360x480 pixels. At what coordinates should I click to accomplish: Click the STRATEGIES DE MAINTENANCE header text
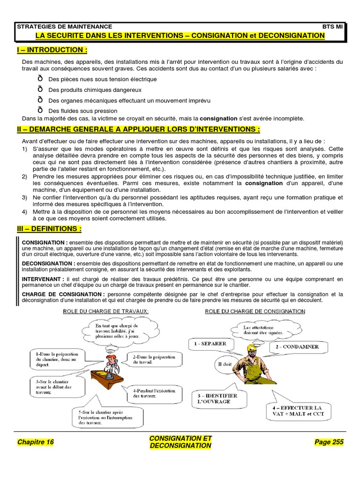tap(65, 27)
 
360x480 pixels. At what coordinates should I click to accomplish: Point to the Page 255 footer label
tap(329, 442)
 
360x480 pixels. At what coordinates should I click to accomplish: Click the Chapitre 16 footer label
tap(36, 442)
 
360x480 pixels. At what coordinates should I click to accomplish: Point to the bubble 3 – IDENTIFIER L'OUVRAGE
tap(214, 399)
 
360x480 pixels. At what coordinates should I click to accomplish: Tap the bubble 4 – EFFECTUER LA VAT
tap(298, 411)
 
